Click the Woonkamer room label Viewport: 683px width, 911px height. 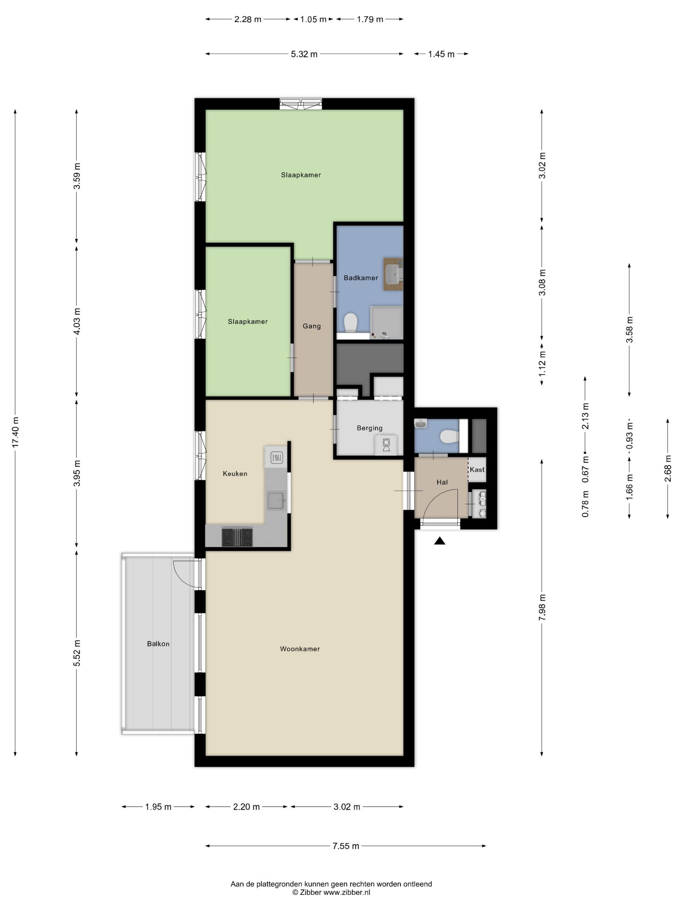click(x=300, y=649)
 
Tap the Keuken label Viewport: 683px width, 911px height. click(x=235, y=474)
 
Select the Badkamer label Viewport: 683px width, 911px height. click(x=361, y=278)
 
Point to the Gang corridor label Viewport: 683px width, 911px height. click(x=312, y=326)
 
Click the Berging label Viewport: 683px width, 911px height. click(x=369, y=428)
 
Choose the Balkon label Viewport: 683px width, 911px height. click(x=158, y=644)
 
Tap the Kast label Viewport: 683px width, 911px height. click(x=477, y=469)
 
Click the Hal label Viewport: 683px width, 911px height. click(x=442, y=482)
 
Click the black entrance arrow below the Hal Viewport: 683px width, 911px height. click(x=440, y=541)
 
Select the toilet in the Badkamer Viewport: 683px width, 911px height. click(x=350, y=322)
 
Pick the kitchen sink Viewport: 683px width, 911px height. click(x=276, y=501)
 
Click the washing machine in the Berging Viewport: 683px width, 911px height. click(x=386, y=444)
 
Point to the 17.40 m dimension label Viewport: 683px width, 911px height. click(x=16, y=432)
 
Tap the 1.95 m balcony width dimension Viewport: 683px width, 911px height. click(x=158, y=807)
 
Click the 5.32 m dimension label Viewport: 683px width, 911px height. click(x=304, y=54)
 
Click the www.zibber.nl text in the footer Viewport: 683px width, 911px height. click(x=347, y=892)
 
